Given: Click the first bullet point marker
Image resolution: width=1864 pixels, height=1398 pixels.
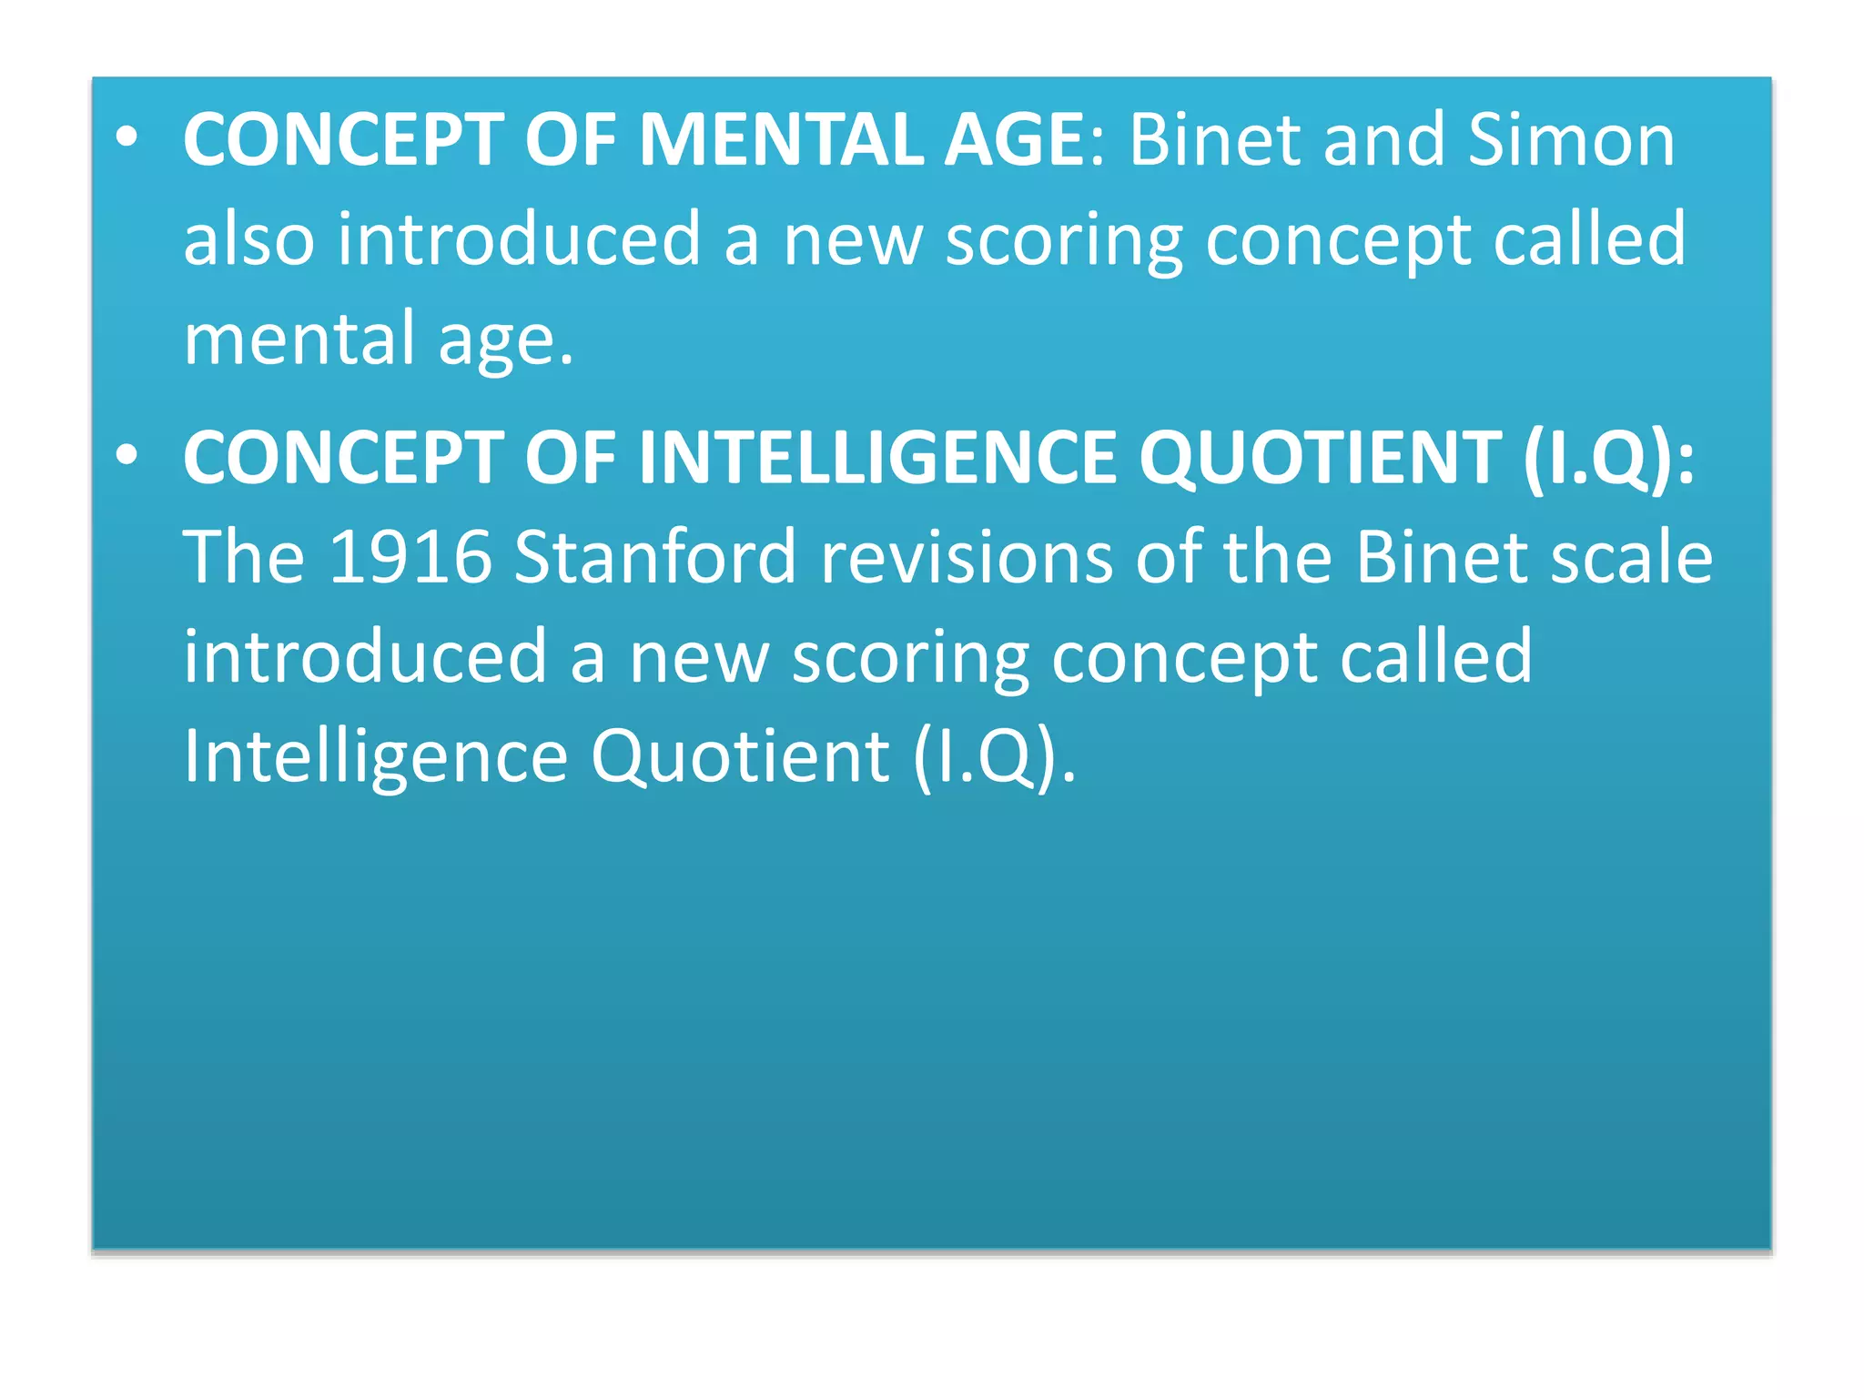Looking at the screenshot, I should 127,137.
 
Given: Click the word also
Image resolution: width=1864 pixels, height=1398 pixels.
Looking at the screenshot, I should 248,238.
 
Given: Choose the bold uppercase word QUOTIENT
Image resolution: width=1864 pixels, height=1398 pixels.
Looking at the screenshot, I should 1320,458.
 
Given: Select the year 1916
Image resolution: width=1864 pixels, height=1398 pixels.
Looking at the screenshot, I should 410,557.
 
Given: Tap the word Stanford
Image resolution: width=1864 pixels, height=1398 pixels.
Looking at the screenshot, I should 655,557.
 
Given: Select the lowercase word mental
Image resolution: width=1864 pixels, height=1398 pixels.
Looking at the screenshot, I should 299,339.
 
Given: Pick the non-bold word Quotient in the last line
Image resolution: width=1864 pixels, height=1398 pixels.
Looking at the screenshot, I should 740,756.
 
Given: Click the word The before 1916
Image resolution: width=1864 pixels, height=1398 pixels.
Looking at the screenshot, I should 243,557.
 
